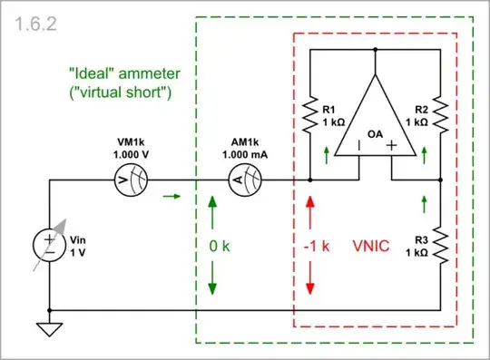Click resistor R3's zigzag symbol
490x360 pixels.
439,244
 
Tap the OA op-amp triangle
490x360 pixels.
375,119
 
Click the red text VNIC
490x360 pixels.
370,245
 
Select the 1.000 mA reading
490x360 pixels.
241,155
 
